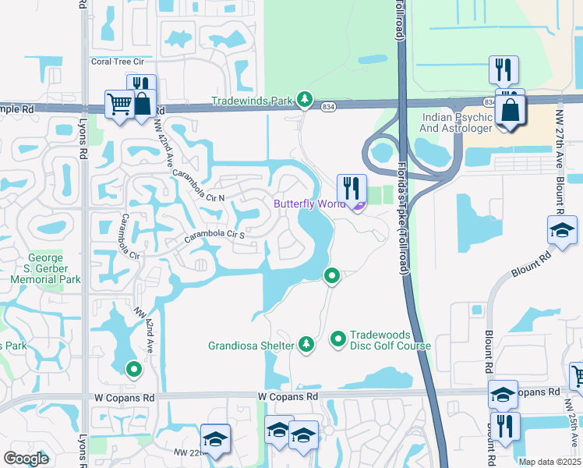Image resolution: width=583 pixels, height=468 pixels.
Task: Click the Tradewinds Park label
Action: click(251, 101)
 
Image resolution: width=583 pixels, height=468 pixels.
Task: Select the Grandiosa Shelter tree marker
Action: click(306, 344)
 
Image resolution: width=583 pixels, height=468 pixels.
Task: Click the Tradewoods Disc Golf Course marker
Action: click(338, 339)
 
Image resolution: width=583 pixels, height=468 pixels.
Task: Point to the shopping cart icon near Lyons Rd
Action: click(119, 104)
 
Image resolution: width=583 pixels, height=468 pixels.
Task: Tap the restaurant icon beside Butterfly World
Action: click(352, 188)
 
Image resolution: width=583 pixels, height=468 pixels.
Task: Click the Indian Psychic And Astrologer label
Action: click(457, 122)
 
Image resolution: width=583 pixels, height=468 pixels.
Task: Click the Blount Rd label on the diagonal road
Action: click(532, 264)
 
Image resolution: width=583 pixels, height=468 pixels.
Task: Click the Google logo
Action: click(26, 459)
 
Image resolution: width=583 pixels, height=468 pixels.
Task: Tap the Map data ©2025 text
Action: click(549, 462)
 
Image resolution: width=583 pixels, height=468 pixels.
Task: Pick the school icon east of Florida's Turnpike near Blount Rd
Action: click(561, 229)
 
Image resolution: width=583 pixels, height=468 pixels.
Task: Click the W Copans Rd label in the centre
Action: click(288, 396)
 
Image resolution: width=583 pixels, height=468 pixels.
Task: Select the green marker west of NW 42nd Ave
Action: click(133, 369)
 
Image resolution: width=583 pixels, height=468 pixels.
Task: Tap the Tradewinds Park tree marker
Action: click(304, 100)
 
